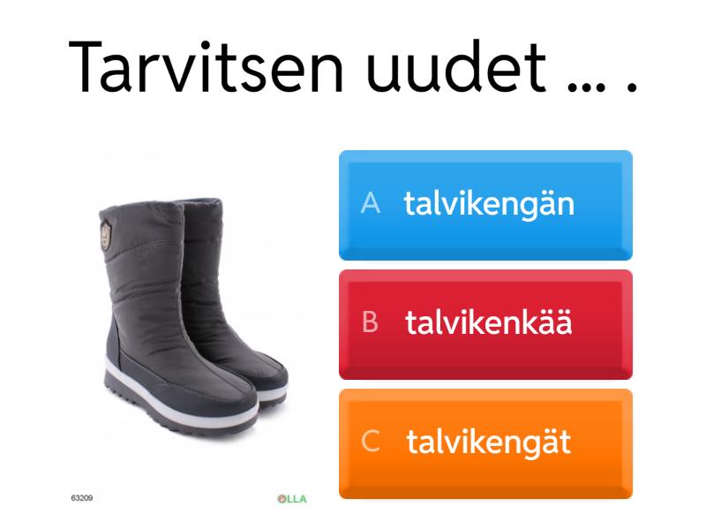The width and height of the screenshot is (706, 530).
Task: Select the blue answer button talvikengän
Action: pos(485,205)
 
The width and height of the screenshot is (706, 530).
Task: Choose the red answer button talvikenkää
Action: pos(485,324)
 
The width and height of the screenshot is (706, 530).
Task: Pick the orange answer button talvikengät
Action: pos(485,443)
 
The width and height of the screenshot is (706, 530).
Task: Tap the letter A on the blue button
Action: pos(371,205)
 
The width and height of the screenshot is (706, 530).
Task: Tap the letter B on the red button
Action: pos(371,324)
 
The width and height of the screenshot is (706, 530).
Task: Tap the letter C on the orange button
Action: pos(371,443)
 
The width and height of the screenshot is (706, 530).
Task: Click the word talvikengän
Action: pos(490,205)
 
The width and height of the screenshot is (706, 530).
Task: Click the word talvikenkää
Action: pos(489,324)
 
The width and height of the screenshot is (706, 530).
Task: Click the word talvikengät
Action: pos(488,443)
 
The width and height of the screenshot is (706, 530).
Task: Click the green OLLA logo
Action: pos(291,499)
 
